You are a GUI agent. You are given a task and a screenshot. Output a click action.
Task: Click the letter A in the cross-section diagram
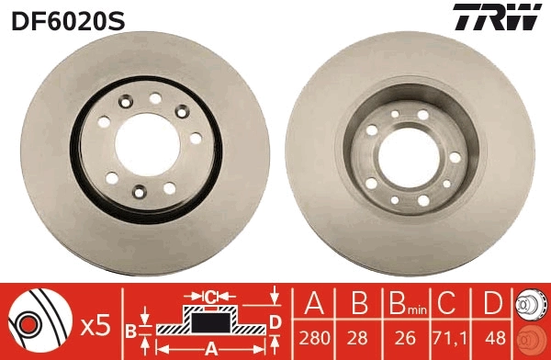210,347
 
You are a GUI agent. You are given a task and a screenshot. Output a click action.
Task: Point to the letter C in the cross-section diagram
210,297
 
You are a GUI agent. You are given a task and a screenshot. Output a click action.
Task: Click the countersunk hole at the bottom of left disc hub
141,191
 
